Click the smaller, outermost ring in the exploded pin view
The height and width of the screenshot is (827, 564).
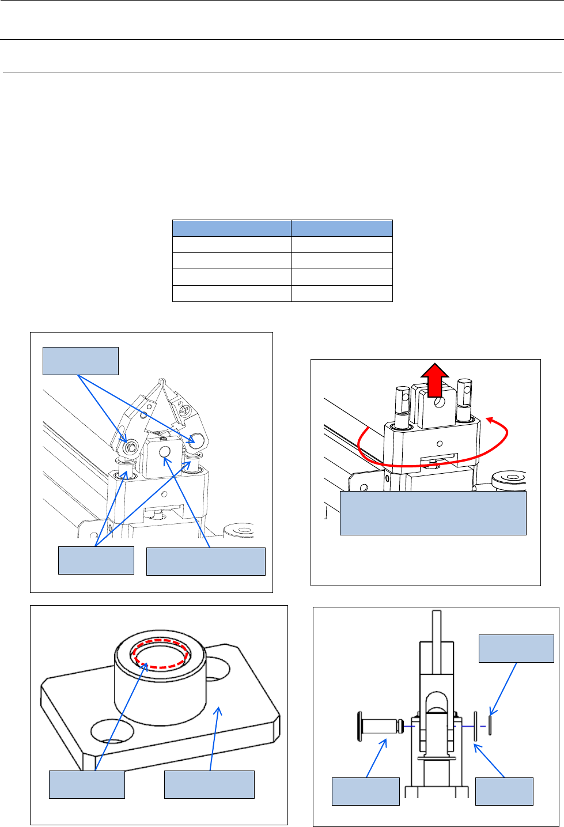[x=490, y=724]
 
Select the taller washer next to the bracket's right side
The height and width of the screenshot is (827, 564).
[x=476, y=726]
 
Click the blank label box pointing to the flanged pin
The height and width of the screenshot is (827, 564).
[x=365, y=791]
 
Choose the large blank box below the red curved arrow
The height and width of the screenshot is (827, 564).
[x=433, y=513]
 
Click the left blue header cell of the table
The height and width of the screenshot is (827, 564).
[x=232, y=228]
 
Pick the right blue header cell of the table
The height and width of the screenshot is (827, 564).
[x=342, y=228]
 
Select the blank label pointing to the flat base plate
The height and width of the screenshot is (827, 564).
[x=209, y=784]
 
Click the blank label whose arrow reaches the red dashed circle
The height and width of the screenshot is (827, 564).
[x=86, y=784]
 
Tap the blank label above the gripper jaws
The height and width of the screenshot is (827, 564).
[x=81, y=361]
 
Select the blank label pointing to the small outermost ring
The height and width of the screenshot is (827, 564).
[x=516, y=648]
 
